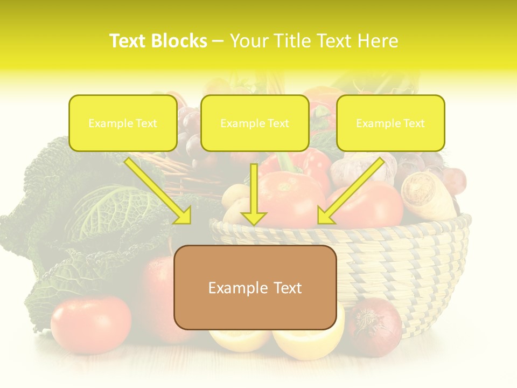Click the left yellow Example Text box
click(123, 123)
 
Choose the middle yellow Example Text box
click(255, 123)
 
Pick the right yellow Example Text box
click(390, 123)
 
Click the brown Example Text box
click(255, 287)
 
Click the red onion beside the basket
click(374, 327)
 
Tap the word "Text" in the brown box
click(287, 288)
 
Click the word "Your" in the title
click(250, 41)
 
